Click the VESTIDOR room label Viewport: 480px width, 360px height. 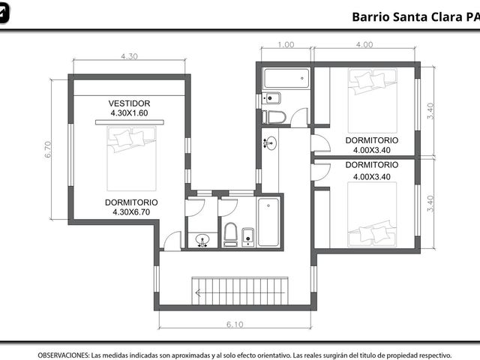pyautogui.click(x=129, y=103)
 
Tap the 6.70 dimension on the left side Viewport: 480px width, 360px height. pyautogui.click(x=48, y=149)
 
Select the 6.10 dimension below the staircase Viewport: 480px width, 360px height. pyautogui.click(x=235, y=324)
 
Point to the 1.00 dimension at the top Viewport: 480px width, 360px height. pyautogui.click(x=286, y=45)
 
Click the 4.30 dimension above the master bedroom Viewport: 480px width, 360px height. pyautogui.click(x=129, y=56)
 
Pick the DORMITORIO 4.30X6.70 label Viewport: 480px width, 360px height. pyautogui.click(x=131, y=207)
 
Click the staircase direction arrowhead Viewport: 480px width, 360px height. pyautogui.click(x=198, y=293)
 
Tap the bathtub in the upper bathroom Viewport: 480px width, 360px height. pyautogui.click(x=286, y=78)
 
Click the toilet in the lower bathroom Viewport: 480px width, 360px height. pyautogui.click(x=230, y=235)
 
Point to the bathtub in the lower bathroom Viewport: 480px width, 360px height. pyautogui.click(x=268, y=222)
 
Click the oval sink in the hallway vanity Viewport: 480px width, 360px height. pyautogui.click(x=271, y=143)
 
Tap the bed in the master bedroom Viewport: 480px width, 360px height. pyautogui.click(x=132, y=158)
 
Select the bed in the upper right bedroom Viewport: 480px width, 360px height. pyautogui.click(x=373, y=100)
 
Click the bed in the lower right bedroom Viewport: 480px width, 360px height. pyautogui.click(x=372, y=214)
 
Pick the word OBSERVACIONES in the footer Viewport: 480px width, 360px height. pyautogui.click(x=64, y=355)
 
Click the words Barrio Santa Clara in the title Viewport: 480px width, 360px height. pyautogui.click(x=407, y=17)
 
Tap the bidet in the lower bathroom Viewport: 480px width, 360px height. pyautogui.click(x=247, y=237)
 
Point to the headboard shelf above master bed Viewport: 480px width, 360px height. pyautogui.click(x=130, y=122)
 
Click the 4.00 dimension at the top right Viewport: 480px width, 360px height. pyautogui.click(x=364, y=45)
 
